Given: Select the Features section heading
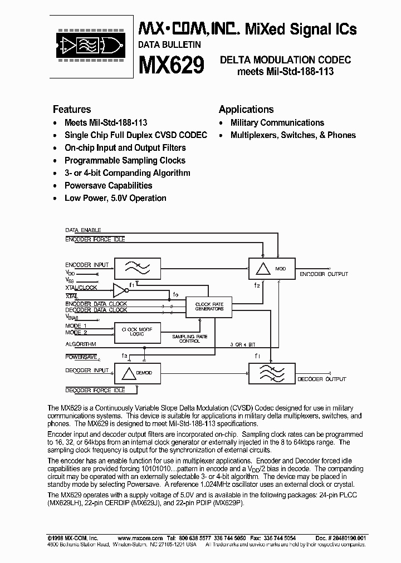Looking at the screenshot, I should pyautogui.click(x=72, y=109).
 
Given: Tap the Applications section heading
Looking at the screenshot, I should pyautogui.click(x=246, y=109).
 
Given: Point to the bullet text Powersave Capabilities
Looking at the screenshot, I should pyautogui.click(x=108, y=185).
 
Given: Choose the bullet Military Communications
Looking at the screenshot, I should pyautogui.click(x=277, y=122).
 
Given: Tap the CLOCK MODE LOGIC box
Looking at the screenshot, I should pyautogui.click(x=137, y=332).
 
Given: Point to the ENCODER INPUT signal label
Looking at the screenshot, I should pyautogui.click(x=86, y=265).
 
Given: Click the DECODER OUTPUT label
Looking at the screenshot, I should pyautogui.click(x=321, y=379).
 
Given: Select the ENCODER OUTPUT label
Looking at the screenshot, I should pyautogui.click(x=324, y=274).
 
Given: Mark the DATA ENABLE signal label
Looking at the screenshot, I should pyautogui.click(x=84, y=229).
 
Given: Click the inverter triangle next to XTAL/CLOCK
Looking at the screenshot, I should pyautogui.click(x=119, y=289).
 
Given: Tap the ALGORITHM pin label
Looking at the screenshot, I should pyautogui.click(x=81, y=344).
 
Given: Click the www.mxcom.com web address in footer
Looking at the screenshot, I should pyautogui.click(x=140, y=538).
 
